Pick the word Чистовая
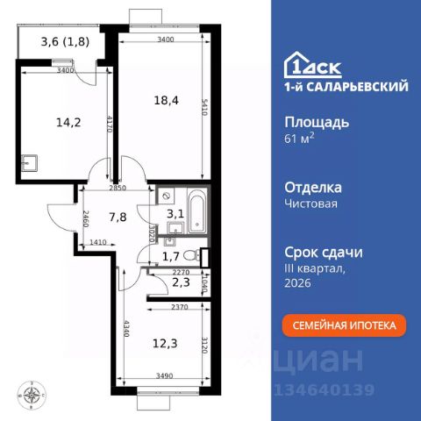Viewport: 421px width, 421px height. (312, 203)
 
